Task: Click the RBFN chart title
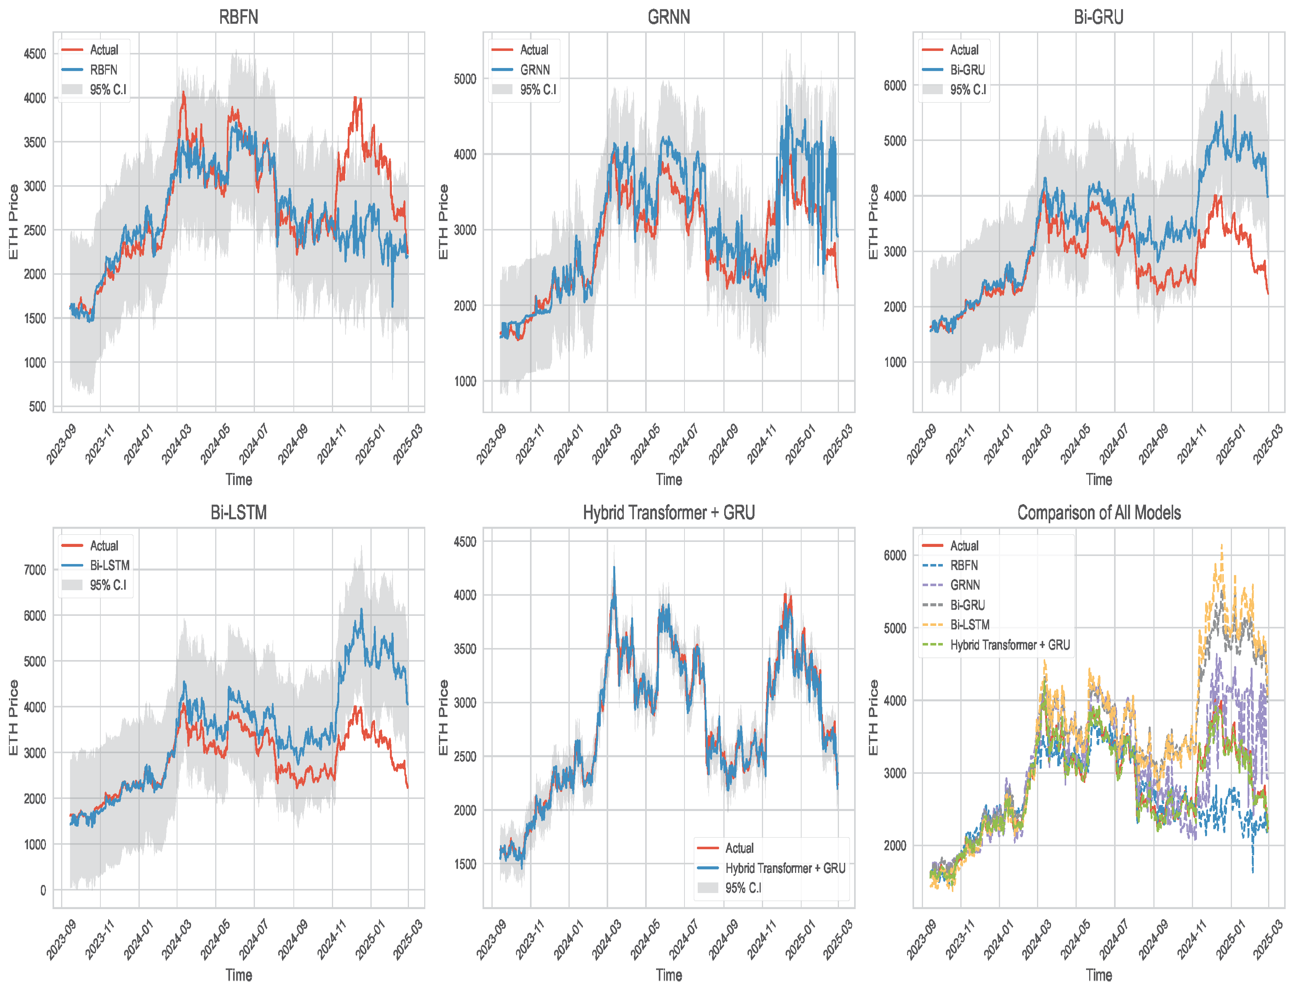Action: pos(238,16)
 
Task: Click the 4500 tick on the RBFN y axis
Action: pos(35,54)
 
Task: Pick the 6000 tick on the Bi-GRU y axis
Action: pos(895,86)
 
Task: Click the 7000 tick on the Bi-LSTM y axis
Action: pos(35,570)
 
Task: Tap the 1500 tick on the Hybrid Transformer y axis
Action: pos(465,864)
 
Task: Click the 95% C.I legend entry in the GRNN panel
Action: pos(537,89)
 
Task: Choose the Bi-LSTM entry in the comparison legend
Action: pos(970,625)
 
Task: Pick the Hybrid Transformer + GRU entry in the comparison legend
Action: pos(1010,645)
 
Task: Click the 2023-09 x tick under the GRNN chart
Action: pos(491,445)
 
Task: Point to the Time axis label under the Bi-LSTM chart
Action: pos(238,975)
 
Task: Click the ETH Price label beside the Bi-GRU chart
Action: pos(873,222)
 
